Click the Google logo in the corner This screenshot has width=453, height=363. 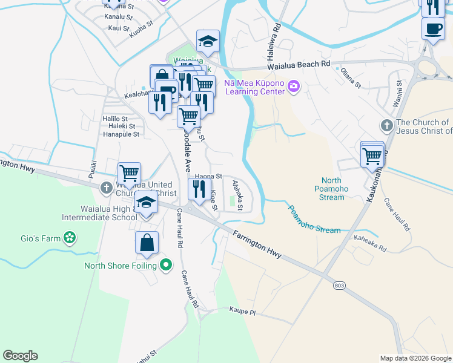(x=20, y=356)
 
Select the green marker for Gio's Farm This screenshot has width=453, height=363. (x=70, y=238)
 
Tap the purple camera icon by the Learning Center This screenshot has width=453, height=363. (x=294, y=87)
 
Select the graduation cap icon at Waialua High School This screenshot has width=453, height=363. (x=146, y=203)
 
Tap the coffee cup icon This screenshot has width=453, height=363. (x=433, y=29)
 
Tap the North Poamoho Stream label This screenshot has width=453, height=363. (x=331, y=188)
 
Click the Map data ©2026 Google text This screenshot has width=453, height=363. (x=415, y=358)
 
